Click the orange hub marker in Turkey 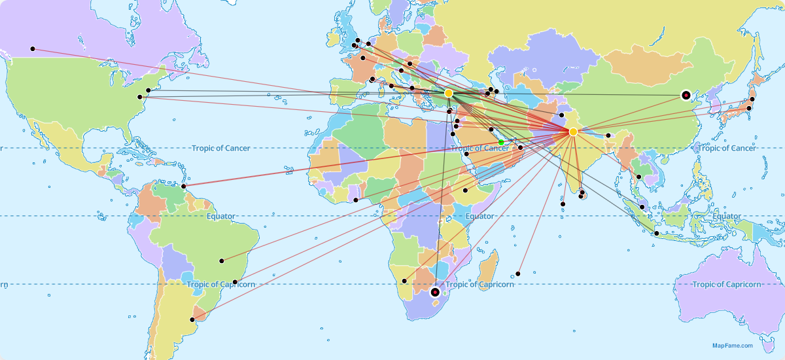449,94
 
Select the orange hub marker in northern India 573,132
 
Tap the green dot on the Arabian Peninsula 501,142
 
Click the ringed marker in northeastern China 686,95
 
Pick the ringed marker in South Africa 435,292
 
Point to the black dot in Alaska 32,49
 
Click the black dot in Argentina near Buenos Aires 192,319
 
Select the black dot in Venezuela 184,187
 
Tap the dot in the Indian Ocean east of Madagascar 518,274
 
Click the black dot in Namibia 404,281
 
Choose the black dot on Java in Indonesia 657,233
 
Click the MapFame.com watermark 732,346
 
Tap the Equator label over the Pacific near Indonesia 727,217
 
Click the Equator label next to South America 220,216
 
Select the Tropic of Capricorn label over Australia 726,284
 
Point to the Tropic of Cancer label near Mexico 220,148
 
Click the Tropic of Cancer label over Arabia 480,149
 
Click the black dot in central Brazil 222,261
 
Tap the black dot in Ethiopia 465,190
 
